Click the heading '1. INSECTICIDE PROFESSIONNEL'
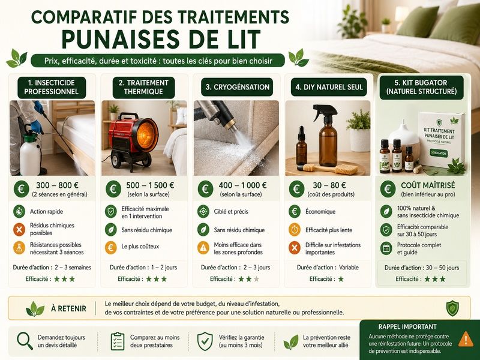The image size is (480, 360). [x=52, y=87]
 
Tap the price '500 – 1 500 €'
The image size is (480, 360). [x=150, y=185]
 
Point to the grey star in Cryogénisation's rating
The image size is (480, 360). [x=257, y=279]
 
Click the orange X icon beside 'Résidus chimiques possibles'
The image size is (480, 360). [x=19, y=229]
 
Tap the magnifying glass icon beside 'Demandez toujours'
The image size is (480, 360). [x=25, y=341]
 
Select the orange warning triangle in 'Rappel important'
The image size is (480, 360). [x=466, y=339]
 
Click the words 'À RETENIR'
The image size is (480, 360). [x=68, y=308]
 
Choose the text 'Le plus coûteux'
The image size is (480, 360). [x=140, y=247]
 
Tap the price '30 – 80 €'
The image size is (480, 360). [x=329, y=185]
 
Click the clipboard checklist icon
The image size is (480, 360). [x=118, y=341]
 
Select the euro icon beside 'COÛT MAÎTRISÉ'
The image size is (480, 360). [x=388, y=189]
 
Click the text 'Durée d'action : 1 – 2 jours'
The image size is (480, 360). [x=143, y=267]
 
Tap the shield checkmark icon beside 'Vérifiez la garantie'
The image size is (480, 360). [x=205, y=341]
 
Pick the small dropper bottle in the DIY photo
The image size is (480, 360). [x=301, y=146]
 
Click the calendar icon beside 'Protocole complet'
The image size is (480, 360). [x=386, y=248]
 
